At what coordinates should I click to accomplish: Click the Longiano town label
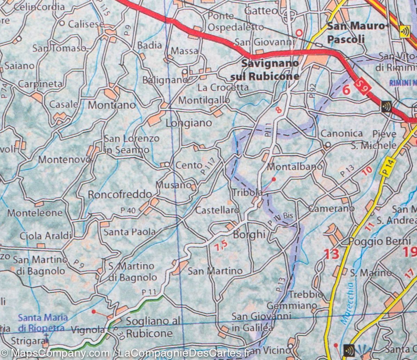point(189,123)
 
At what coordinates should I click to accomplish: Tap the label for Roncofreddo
point(120,194)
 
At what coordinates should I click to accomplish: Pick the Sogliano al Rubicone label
point(149,327)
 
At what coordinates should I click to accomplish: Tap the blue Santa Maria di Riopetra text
point(42,322)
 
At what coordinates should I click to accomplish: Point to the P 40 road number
point(128,210)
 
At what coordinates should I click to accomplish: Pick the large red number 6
point(346,90)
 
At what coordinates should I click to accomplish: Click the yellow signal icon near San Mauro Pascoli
point(404,31)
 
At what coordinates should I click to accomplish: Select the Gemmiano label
point(292,306)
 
